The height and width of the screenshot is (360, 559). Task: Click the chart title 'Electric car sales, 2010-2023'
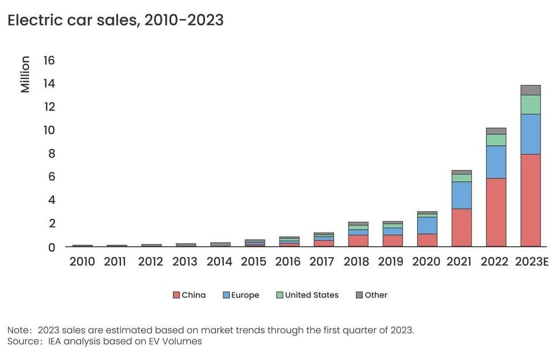pyautogui.click(x=115, y=20)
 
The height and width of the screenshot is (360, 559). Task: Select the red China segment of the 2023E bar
pyautogui.click(x=530, y=200)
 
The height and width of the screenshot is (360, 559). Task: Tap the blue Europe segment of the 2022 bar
pyautogui.click(x=496, y=162)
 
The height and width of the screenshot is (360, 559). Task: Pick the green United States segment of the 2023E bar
pyautogui.click(x=530, y=104)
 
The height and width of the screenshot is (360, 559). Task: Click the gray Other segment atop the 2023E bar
pyautogui.click(x=530, y=90)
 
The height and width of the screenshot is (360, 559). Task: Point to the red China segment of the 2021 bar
pyautogui.click(x=461, y=227)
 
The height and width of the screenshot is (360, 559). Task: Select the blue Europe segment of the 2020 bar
pyautogui.click(x=427, y=225)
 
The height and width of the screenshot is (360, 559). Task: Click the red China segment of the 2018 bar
pyautogui.click(x=358, y=240)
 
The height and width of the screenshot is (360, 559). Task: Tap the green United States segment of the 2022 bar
pyautogui.click(x=496, y=140)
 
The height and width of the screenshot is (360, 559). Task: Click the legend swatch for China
pyautogui.click(x=176, y=295)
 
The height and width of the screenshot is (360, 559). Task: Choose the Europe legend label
pyautogui.click(x=245, y=295)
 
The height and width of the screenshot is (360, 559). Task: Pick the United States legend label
pyautogui.click(x=311, y=295)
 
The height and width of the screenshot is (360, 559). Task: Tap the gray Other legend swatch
pyautogui.click(x=359, y=295)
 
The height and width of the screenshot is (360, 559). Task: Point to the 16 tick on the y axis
pyautogui.click(x=49, y=60)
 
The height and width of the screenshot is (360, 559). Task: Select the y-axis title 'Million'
pyautogui.click(x=25, y=74)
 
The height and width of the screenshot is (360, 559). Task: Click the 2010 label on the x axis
pyautogui.click(x=82, y=262)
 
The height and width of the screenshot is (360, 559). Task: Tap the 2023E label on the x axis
pyautogui.click(x=531, y=262)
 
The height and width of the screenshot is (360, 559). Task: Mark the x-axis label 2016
pyautogui.click(x=288, y=262)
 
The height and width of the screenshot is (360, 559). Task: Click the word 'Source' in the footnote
pyautogui.click(x=21, y=341)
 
